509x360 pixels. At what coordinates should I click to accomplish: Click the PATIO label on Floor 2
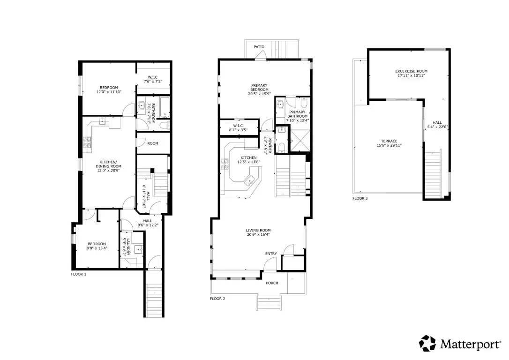coord(259,47)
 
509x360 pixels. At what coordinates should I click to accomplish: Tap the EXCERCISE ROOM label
coord(412,71)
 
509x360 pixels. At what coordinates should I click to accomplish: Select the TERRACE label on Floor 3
coord(389,141)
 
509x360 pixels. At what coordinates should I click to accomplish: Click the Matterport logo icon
coord(427,343)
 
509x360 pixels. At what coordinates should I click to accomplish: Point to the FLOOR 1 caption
coord(79,274)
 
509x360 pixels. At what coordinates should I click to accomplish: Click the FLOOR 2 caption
coord(217,298)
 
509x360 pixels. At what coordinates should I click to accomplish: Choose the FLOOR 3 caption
coord(360,198)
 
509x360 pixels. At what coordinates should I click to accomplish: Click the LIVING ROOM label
coord(258,230)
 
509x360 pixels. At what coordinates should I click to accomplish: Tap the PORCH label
coord(272,283)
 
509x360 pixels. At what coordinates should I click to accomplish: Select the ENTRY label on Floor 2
coord(271,254)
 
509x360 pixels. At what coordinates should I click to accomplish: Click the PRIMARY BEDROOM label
coord(259,87)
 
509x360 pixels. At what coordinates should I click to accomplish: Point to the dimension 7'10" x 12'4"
coord(298,120)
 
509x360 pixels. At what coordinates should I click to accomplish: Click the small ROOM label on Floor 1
coord(153,143)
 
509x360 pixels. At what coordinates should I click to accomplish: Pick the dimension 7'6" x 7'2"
coord(152,82)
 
